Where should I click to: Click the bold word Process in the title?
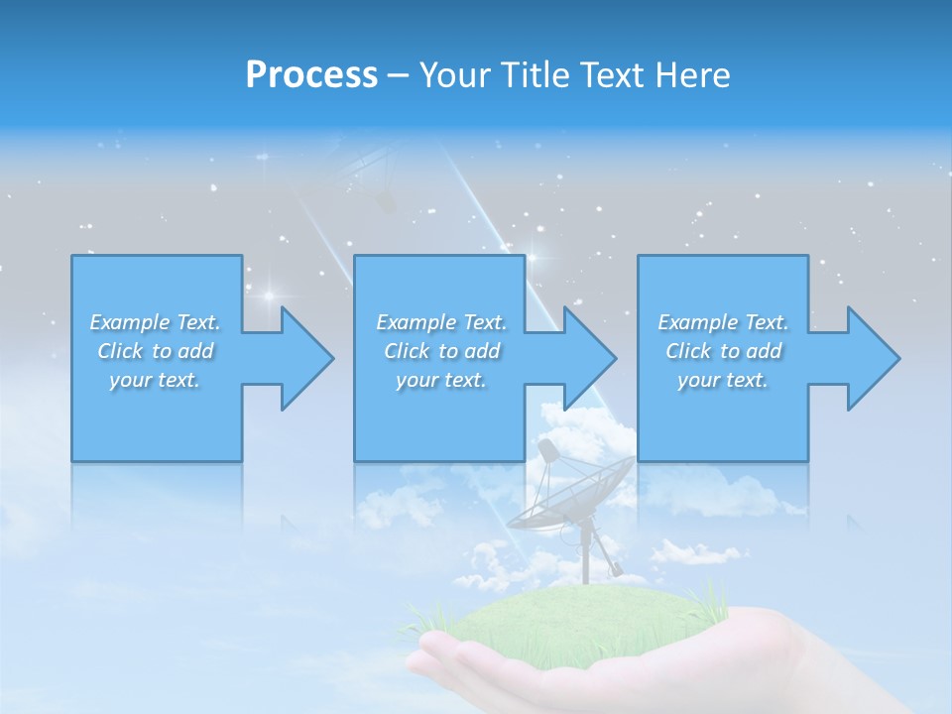pos(311,75)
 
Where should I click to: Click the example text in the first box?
pos(156,351)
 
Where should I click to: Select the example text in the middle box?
pos(441,351)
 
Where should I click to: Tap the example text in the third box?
pos(723,351)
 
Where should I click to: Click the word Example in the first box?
pos(130,322)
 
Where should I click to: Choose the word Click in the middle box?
pos(405,351)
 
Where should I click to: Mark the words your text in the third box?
pos(723,380)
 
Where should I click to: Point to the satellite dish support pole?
pos(585,555)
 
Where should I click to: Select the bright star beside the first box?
pos(269,296)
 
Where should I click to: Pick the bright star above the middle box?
pos(533,259)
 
